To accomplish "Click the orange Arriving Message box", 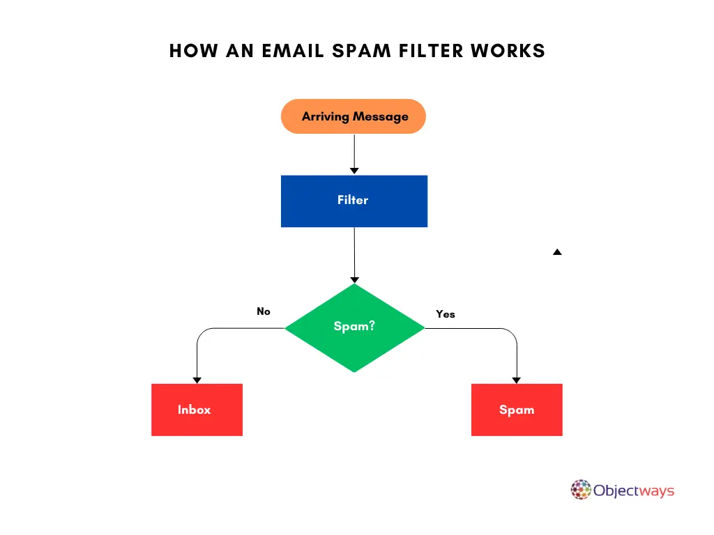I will click(353, 116).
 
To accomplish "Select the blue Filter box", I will click(354, 201).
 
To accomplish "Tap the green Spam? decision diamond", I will click(354, 327).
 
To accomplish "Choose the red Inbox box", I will click(197, 410).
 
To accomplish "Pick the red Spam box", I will click(517, 410).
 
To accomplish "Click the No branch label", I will click(264, 311).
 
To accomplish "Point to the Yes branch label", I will click(446, 314).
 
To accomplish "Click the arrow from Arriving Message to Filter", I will click(354, 153).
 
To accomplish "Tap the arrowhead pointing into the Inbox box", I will click(197, 380).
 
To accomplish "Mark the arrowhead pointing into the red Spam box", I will click(517, 380).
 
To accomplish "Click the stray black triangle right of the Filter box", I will click(557, 252).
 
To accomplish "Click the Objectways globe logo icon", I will click(581, 490).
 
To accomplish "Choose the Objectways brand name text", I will click(634, 490).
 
